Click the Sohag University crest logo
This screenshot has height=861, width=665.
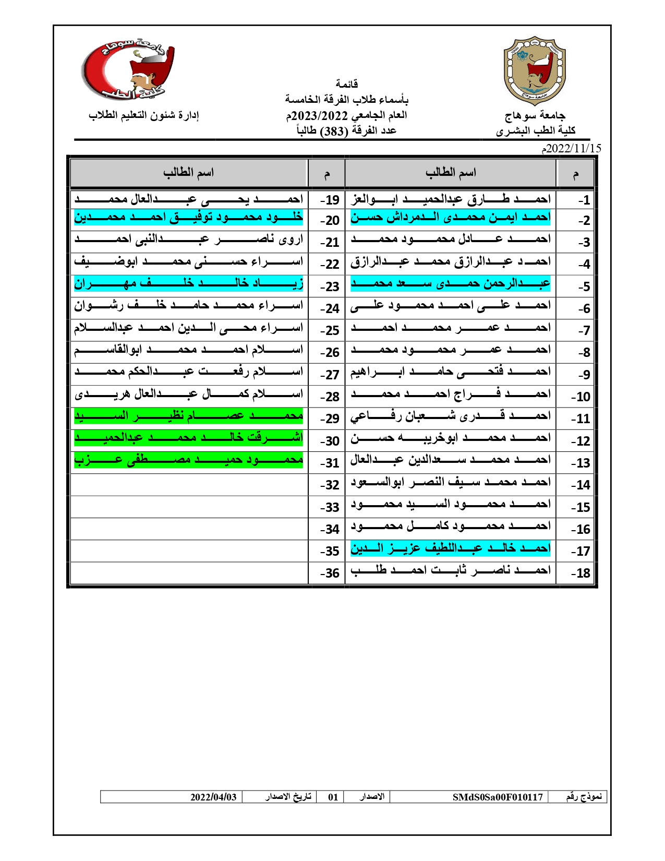point(534,70)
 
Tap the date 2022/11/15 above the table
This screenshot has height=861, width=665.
point(572,149)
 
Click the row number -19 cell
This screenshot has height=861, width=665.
point(330,200)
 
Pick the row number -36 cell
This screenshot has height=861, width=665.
point(330,573)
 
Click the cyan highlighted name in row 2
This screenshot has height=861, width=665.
point(450,218)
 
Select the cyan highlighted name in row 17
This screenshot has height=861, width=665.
point(450,548)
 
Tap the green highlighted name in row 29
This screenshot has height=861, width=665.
point(188,416)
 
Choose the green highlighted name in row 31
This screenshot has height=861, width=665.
point(188,460)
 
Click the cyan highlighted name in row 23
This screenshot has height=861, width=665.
point(188,284)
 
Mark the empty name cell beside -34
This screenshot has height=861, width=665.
point(188,529)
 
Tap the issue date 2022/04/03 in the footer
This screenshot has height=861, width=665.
point(213,797)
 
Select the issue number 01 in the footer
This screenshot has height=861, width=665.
point(333,797)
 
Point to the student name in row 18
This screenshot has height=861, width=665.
point(450,571)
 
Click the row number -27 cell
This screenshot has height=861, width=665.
point(330,375)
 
